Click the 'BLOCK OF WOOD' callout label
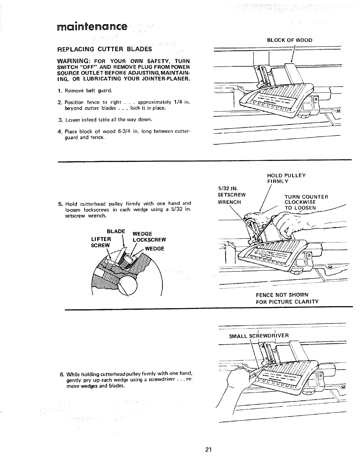289,40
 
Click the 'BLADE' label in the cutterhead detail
116,231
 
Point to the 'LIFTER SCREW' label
101,242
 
